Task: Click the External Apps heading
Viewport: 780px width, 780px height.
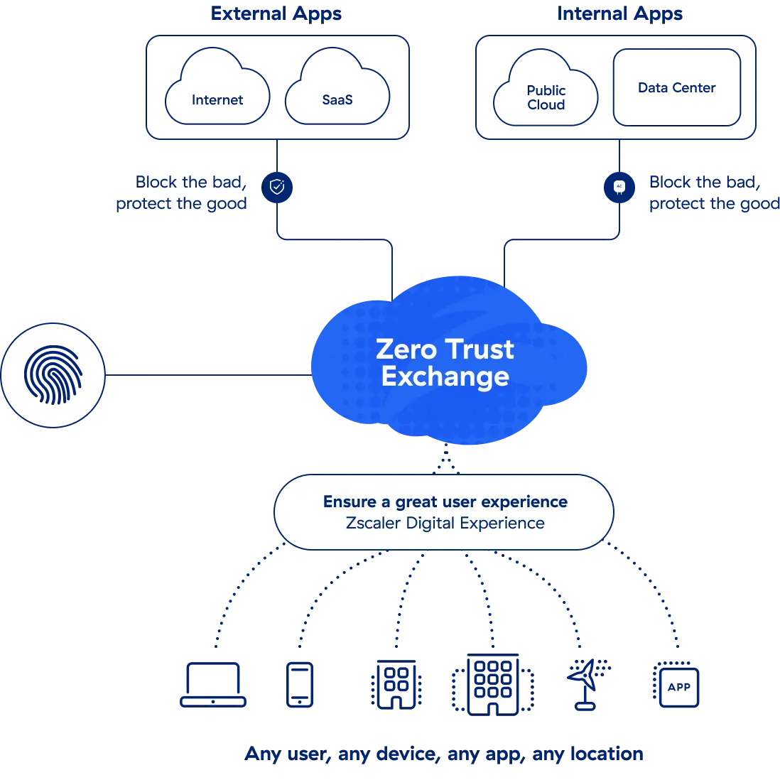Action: tap(277, 14)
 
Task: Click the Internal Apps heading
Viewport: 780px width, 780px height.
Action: tap(621, 14)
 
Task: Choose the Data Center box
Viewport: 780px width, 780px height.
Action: tap(676, 88)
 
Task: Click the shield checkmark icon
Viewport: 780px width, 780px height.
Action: tap(277, 187)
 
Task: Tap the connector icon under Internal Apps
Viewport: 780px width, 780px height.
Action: tap(619, 187)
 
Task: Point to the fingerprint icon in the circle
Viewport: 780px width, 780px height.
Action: tap(54, 375)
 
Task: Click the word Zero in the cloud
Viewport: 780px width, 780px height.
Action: tap(405, 349)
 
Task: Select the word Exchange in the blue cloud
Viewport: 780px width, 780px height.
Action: tap(445, 377)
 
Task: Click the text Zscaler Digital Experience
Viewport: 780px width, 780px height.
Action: tap(445, 524)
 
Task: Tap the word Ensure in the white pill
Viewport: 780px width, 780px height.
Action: tap(350, 502)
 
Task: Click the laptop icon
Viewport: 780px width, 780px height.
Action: tap(212, 685)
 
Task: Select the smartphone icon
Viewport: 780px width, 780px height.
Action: tap(299, 684)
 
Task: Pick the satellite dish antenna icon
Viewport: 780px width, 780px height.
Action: tap(586, 684)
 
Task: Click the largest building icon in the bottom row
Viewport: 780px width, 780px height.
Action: tap(492, 684)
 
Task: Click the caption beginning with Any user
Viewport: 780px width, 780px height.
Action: tap(445, 754)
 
